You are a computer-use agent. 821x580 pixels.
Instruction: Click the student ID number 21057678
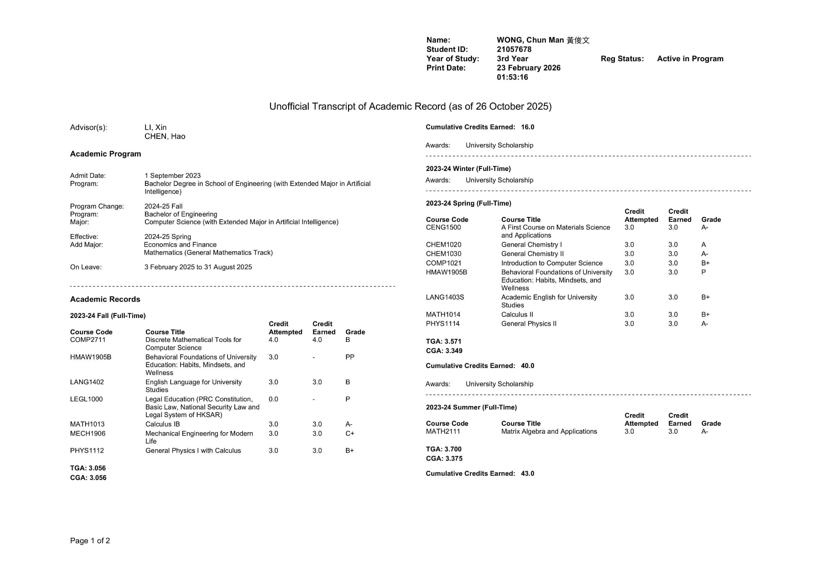[514, 49]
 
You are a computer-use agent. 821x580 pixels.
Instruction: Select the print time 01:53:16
[512, 77]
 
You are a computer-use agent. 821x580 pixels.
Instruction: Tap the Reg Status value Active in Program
[690, 59]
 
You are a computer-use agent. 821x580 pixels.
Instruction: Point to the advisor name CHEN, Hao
[165, 136]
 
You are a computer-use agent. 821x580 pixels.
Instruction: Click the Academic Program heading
[106, 154]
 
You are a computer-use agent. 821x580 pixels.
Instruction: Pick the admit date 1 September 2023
[172, 176]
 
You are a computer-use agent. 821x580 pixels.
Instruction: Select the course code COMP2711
[88, 340]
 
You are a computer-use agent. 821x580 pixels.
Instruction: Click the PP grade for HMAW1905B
[350, 357]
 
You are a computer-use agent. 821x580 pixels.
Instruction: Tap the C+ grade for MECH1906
[350, 433]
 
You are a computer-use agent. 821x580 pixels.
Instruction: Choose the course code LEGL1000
[86, 399]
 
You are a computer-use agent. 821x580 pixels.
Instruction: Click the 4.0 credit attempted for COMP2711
[273, 340]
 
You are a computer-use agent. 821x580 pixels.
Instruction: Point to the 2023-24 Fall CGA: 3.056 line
[88, 477]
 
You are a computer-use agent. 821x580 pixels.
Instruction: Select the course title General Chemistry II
[532, 254]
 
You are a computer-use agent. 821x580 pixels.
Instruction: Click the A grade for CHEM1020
[703, 244]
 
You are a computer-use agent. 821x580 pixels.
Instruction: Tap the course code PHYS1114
[443, 324]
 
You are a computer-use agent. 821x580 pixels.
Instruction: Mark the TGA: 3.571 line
[443, 341]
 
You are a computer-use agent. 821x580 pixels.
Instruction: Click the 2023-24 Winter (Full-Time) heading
[468, 168]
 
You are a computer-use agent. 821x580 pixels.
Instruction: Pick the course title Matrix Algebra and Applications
[549, 431]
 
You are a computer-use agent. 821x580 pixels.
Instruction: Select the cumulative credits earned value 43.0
[527, 473]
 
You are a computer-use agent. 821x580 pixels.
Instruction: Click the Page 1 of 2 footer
[90, 541]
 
